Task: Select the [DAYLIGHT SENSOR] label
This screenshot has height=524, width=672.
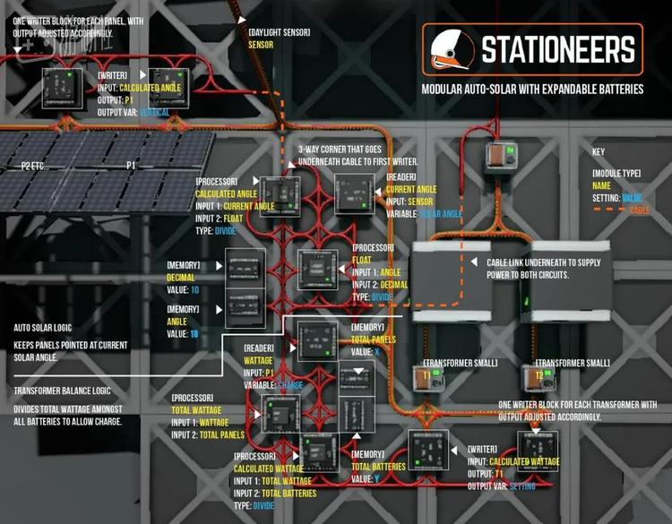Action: click(279, 32)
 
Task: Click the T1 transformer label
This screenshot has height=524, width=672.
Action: click(427, 377)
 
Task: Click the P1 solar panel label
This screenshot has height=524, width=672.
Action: click(131, 166)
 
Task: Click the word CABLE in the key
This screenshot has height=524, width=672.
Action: click(640, 209)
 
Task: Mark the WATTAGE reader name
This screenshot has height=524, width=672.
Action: click(259, 360)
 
